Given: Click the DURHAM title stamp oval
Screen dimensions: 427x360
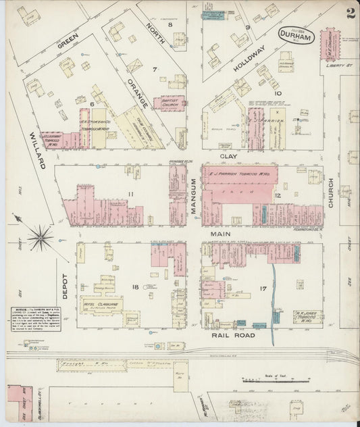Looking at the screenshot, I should pos(296,38).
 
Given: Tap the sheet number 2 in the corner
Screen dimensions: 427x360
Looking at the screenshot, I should pos(350,14).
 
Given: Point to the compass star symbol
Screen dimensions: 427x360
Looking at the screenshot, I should pos(41,237).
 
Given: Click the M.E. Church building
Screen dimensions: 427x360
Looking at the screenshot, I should pos(331,45).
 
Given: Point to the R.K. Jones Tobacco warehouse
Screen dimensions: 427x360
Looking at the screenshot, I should pos(306,316).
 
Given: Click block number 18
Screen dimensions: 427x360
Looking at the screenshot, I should pos(135,287).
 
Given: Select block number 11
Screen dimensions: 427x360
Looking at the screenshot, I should pos(131,195).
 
